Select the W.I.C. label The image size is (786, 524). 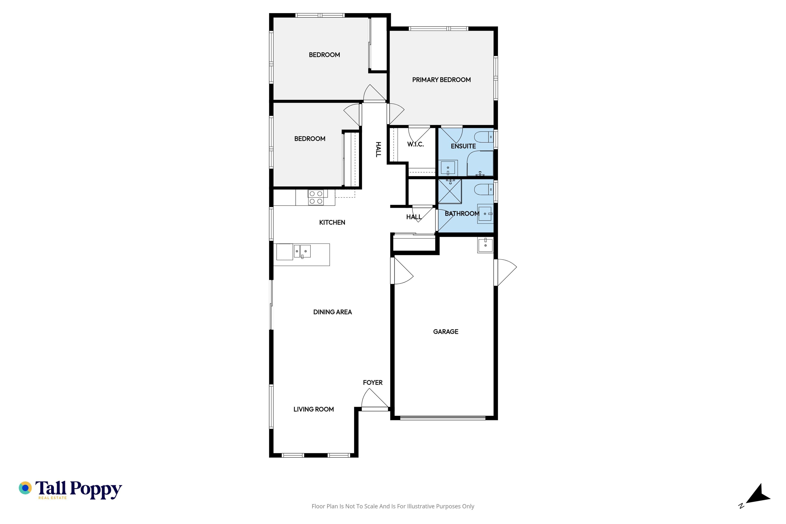point(415,144)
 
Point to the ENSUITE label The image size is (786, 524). point(463,146)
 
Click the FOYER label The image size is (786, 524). point(373,383)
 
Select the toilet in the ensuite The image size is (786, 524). point(483,137)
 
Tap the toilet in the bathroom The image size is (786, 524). point(483,190)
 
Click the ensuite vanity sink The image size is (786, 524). point(448,168)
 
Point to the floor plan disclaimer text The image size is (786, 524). point(393,506)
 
